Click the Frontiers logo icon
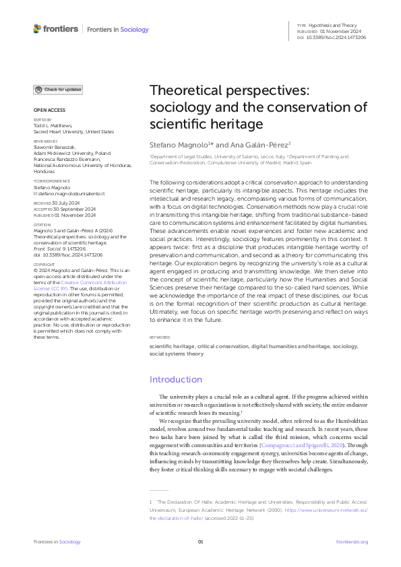click(x=37, y=29)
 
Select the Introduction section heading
click(x=175, y=379)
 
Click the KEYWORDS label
click(x=159, y=336)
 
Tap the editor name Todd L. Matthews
click(x=53, y=125)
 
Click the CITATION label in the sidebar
click(x=42, y=224)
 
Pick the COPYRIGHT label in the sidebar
click(x=44, y=265)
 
